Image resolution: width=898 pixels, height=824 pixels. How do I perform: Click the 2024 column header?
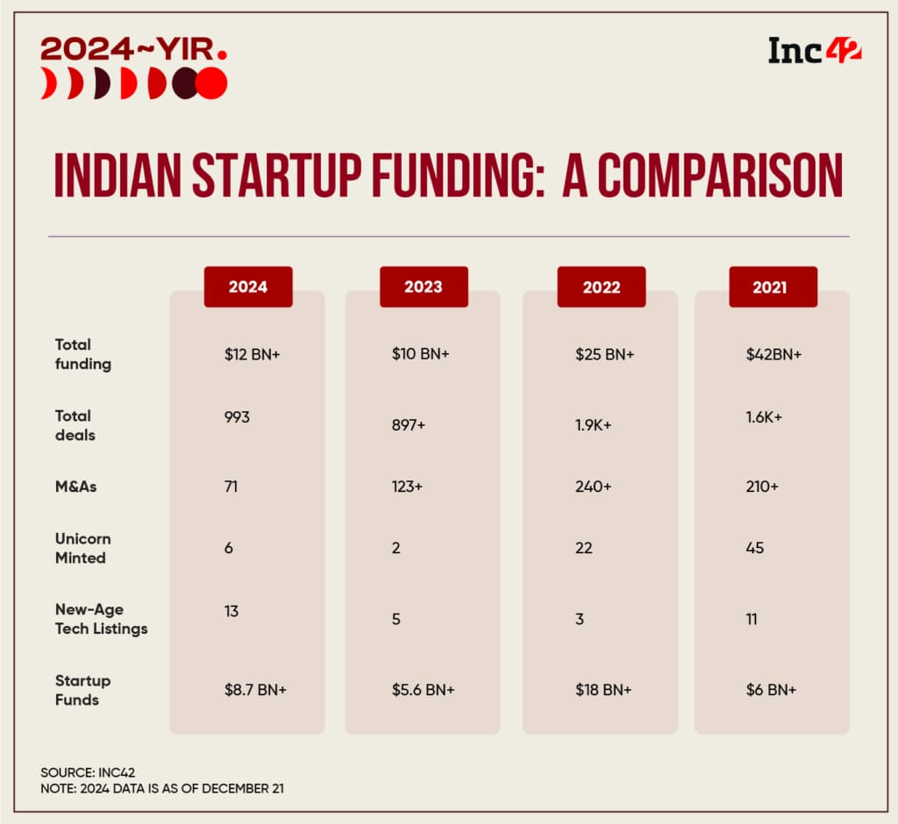(248, 287)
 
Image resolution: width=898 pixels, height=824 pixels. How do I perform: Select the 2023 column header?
(424, 287)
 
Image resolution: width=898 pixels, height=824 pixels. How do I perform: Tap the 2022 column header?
(601, 287)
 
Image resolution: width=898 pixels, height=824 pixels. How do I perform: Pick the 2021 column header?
(773, 287)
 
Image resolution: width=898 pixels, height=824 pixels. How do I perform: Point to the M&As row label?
(75, 487)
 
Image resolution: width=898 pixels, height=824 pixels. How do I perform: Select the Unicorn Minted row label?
(82, 548)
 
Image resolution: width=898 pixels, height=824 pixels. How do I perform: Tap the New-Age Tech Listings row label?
(101, 619)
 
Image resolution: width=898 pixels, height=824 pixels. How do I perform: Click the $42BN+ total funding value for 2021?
(772, 355)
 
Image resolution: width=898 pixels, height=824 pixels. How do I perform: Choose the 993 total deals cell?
(237, 417)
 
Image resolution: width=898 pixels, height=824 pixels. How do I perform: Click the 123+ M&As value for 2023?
(408, 487)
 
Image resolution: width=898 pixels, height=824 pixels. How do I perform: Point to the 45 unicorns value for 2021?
(754, 548)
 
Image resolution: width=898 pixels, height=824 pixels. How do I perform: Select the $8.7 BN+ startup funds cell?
(255, 690)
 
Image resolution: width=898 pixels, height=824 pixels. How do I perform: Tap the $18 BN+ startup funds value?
(602, 690)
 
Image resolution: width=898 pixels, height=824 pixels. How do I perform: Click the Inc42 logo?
(815, 51)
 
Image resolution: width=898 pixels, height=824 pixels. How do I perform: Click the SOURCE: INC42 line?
(87, 772)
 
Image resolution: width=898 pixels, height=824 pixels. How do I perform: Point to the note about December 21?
(162, 789)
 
